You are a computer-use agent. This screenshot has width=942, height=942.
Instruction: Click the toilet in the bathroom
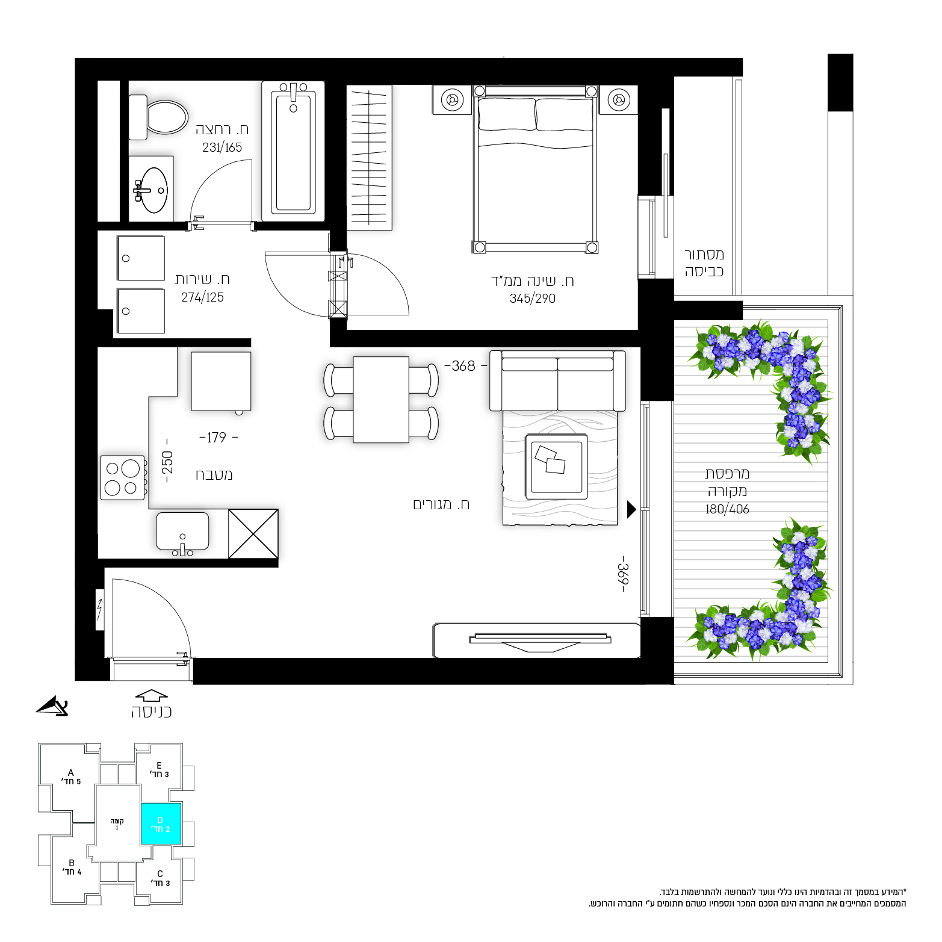159,117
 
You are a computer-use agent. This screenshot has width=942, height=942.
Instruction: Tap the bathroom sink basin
154,190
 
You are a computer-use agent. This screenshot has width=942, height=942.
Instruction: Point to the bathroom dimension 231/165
222,147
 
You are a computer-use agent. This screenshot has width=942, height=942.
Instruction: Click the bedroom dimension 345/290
532,299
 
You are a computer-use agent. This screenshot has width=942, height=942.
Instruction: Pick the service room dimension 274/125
202,297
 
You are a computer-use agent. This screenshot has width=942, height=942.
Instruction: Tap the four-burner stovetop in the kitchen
123,478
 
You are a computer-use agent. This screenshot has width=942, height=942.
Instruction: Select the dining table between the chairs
381,400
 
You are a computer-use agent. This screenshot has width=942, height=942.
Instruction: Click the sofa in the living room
557,380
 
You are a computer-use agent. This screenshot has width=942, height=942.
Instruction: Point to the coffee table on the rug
556,466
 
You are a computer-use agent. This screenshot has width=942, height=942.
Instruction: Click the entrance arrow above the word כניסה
152,695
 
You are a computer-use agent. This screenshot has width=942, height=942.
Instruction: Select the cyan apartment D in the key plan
161,823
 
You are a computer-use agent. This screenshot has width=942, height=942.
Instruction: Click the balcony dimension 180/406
727,509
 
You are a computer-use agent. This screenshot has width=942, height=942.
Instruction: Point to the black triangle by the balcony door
631,509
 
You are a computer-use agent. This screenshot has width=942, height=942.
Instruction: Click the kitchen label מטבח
214,475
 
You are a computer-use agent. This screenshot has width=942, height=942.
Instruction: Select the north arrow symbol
52,706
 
